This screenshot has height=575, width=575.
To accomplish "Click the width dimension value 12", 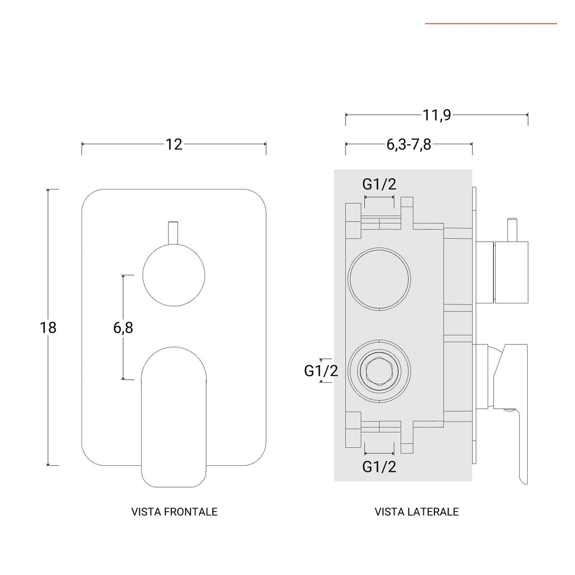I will tap(174, 144).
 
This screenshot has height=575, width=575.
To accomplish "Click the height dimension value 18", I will tap(48, 327).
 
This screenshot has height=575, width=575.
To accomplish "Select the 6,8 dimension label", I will tap(123, 328).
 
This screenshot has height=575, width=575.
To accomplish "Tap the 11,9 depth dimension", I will tap(437, 115).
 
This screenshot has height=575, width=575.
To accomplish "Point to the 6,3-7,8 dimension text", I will tap(409, 144).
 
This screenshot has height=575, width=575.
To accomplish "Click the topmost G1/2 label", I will tap(379, 184).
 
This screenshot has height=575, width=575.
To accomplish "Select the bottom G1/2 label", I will tap(379, 467).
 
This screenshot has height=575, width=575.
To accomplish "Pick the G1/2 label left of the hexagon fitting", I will tap(321, 371).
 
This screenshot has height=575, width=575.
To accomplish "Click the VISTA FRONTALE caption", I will tap(174, 512).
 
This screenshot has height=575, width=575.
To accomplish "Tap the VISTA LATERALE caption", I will tap(416, 512).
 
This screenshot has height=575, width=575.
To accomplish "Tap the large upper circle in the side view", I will tap(379, 278).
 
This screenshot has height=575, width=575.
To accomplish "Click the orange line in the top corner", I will tap(490, 23).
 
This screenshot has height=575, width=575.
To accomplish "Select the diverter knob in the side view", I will tap(511, 272).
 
